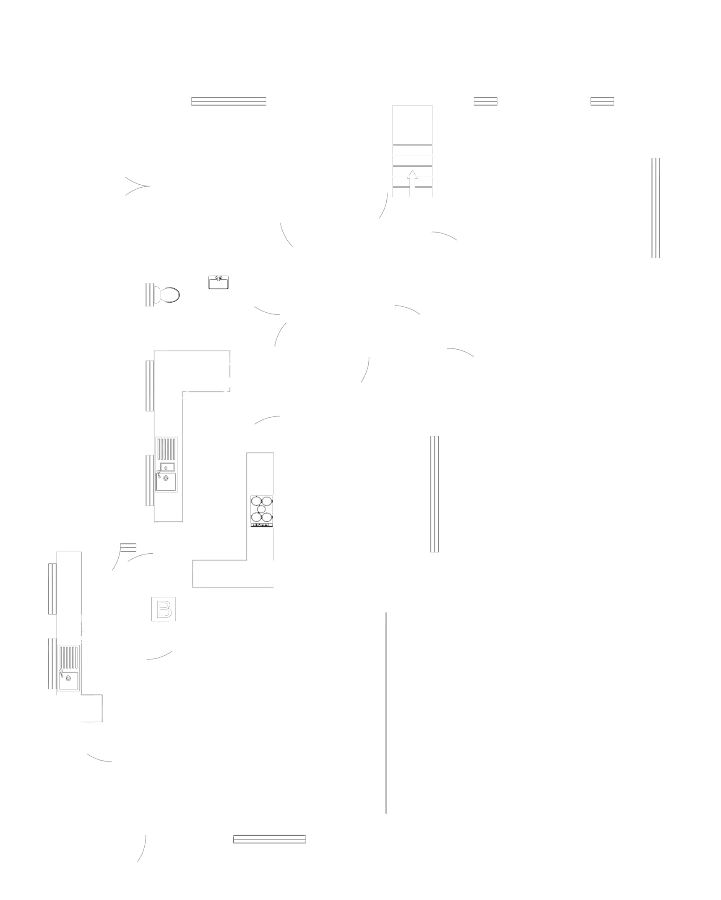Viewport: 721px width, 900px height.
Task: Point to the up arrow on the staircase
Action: (413, 182)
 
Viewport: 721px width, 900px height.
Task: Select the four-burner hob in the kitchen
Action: (261, 511)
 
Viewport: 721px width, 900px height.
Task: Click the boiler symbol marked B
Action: (164, 609)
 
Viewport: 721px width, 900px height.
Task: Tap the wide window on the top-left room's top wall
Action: (229, 101)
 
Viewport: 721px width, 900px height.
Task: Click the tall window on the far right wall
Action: (656, 207)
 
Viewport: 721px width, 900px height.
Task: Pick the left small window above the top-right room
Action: (486, 101)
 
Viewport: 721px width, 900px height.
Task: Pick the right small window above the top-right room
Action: (602, 101)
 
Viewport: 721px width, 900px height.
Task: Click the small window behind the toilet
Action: (150, 295)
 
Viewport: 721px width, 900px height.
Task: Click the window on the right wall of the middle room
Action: (435, 493)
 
